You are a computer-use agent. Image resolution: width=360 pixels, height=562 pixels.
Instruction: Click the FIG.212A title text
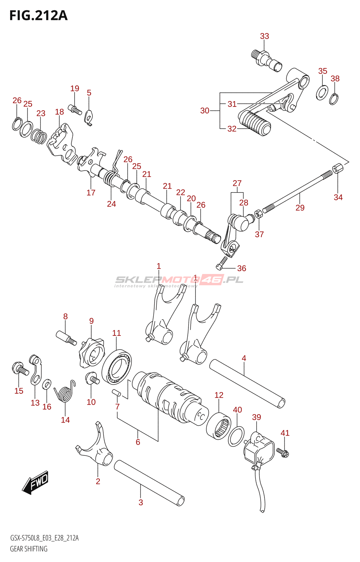tap(38, 16)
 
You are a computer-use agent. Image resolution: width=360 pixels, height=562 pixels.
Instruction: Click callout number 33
tap(264, 36)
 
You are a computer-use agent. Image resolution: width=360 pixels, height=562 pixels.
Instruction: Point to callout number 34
tap(338, 197)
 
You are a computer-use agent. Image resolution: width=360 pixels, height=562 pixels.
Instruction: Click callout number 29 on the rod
tap(300, 208)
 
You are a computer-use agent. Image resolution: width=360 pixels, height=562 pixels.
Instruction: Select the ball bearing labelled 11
tap(117, 367)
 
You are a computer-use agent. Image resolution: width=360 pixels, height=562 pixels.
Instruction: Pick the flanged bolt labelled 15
tap(20, 369)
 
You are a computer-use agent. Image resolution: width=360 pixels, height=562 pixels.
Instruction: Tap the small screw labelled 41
tap(283, 452)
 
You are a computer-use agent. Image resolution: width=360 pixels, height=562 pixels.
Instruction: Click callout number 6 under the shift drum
tap(138, 442)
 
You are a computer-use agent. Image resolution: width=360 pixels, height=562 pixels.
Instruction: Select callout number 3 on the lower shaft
tap(141, 502)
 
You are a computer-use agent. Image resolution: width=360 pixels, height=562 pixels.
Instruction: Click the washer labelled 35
tap(322, 92)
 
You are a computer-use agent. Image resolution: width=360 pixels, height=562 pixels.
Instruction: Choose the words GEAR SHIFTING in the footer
tap(29, 549)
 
